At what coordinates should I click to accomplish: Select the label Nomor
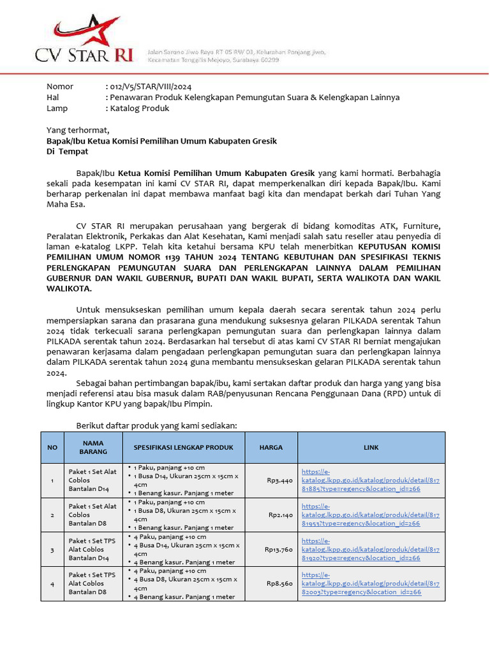tap(60, 86)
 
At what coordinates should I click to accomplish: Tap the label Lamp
tap(57, 108)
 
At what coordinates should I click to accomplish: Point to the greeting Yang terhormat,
tap(78, 130)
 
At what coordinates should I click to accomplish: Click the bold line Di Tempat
tap(67, 152)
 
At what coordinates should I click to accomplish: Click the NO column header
tap(52, 448)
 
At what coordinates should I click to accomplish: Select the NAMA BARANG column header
tap(93, 447)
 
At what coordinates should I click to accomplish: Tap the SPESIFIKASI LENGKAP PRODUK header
tap(183, 447)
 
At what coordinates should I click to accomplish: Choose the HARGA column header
tap(271, 447)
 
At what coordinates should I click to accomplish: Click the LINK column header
tap(371, 448)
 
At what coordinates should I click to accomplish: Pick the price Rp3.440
tap(279, 481)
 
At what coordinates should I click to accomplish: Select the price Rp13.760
tap(278, 549)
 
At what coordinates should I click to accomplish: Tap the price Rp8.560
tap(279, 583)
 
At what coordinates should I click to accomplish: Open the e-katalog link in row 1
tap(370, 481)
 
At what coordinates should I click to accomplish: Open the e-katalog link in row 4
tap(370, 583)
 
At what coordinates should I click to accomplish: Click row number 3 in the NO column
tap(52, 549)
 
